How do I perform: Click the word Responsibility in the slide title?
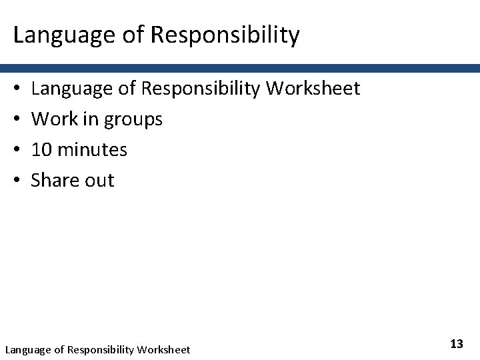225,35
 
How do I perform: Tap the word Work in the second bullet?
53,119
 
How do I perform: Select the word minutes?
93,149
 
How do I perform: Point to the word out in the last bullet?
99,181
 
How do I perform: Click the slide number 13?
457,344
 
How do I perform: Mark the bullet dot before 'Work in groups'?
15,119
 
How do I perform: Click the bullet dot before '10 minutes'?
15,150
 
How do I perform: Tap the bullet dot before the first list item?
15,89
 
